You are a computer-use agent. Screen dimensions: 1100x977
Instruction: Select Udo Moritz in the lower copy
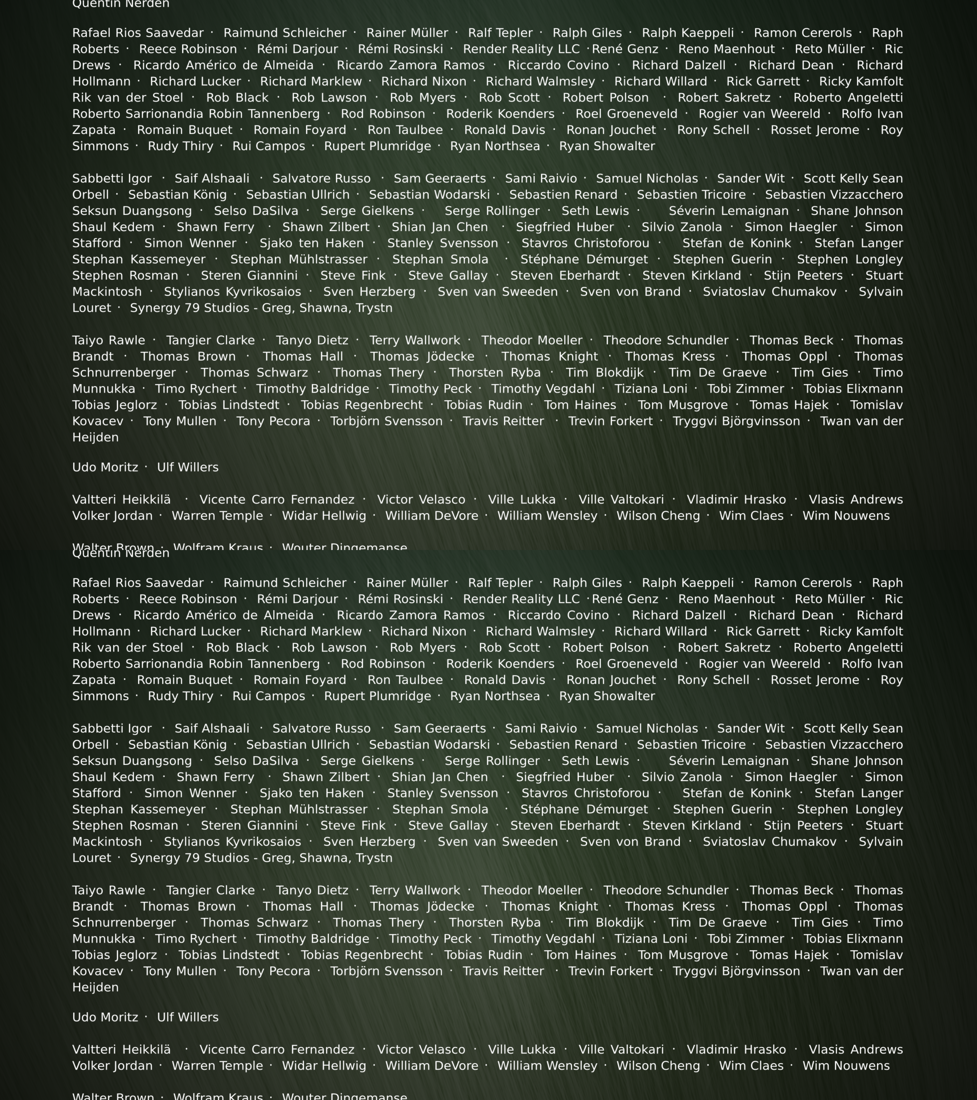tap(105, 1017)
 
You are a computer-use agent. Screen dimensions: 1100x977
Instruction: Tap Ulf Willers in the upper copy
tap(188, 467)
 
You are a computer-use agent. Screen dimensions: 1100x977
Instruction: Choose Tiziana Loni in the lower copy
tap(651, 939)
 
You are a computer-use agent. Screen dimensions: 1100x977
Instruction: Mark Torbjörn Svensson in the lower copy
tap(386, 971)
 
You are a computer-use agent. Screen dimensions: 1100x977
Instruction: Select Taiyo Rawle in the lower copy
tap(109, 890)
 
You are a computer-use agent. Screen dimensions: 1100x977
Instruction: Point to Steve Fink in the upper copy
tap(353, 275)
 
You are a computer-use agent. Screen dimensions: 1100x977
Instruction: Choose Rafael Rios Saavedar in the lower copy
tap(138, 583)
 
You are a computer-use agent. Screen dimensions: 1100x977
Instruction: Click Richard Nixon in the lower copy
tap(424, 631)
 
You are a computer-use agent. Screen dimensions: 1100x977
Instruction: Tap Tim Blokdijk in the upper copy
tap(604, 372)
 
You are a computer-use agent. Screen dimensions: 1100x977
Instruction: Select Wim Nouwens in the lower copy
tap(846, 1066)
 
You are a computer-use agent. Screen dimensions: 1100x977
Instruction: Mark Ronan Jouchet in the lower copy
tap(611, 680)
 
